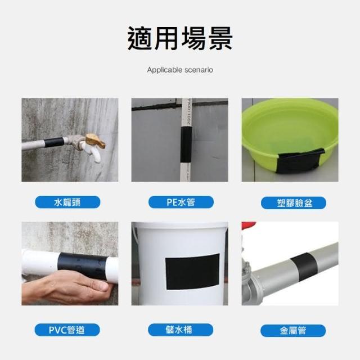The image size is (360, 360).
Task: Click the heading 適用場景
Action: [180, 38]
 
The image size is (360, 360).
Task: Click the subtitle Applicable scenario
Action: [180, 70]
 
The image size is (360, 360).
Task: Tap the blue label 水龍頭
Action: [67, 202]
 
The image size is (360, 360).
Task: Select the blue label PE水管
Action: [181, 202]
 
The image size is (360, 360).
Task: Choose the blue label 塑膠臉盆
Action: [294, 203]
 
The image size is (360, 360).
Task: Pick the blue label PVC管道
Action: [67, 330]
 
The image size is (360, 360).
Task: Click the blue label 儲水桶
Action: [181, 330]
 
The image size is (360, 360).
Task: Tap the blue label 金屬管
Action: [293, 331]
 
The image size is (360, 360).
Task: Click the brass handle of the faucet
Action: [96, 141]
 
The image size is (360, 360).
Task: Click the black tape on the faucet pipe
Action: [54, 142]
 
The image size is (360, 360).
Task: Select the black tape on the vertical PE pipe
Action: [186, 145]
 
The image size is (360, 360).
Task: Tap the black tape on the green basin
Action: [300, 161]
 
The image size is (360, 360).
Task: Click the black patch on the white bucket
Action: [192, 271]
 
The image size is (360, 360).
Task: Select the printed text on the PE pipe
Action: [190, 112]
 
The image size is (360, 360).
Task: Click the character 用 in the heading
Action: [167, 38]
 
